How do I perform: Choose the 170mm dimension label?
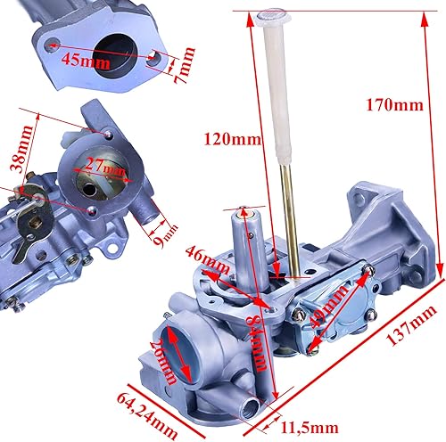point(393,107)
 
